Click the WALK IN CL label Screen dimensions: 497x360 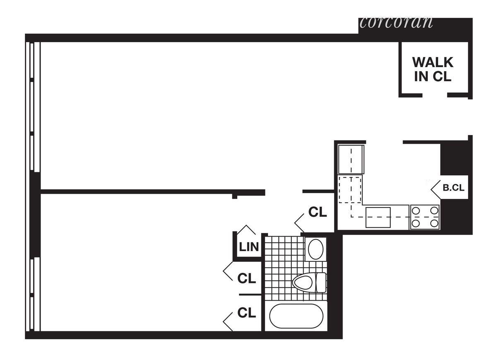(x=433, y=70)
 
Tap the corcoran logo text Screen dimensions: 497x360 (x=396, y=22)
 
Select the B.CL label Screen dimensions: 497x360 (x=454, y=187)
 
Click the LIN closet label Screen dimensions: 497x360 (x=249, y=247)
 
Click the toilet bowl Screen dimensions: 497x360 (x=303, y=283)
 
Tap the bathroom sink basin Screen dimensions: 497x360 (x=316, y=249)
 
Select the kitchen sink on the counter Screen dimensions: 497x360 (x=378, y=217)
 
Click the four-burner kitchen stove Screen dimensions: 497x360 (x=425, y=217)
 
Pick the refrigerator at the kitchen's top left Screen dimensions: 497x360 (x=351, y=159)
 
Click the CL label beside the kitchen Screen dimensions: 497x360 (x=318, y=212)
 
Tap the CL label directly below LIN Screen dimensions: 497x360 (x=246, y=278)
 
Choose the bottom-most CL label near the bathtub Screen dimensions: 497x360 (x=246, y=313)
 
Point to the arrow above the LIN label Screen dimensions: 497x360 (x=248, y=230)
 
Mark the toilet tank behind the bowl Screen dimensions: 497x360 (x=321, y=283)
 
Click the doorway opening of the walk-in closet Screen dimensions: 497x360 (x=435, y=95)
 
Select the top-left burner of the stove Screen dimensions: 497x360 (x=416, y=210)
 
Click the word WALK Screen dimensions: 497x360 (x=433, y=63)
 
